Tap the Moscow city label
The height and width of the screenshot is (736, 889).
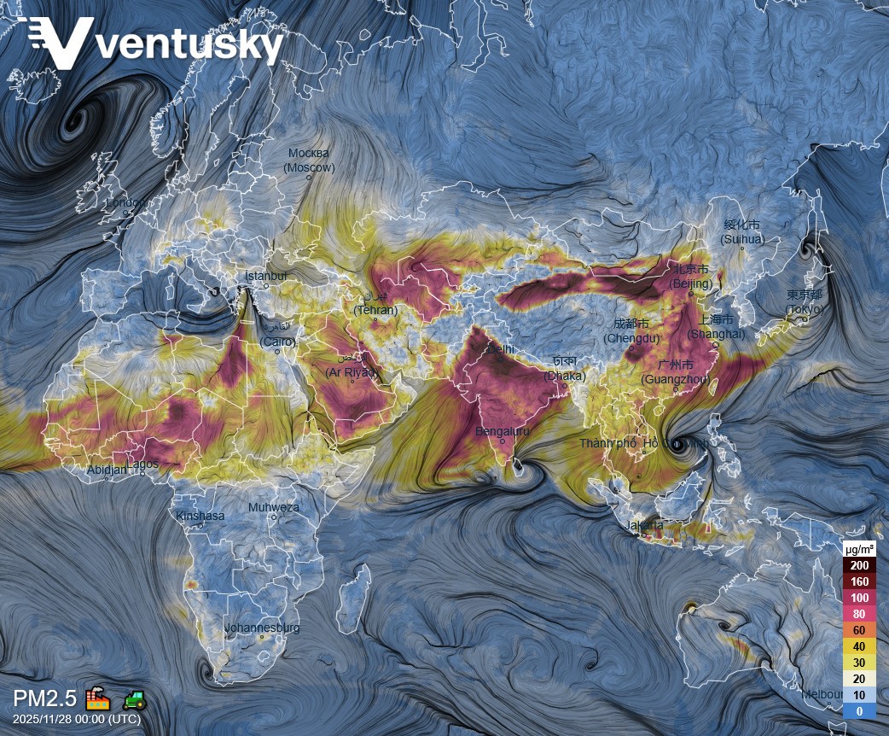coord(309,161)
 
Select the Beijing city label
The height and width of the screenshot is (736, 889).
coord(691,277)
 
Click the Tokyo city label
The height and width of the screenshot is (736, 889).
coord(805,301)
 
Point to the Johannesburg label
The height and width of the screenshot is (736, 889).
coord(262,628)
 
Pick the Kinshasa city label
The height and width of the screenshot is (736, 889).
coord(200,516)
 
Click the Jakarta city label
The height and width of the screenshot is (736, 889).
coord(644,525)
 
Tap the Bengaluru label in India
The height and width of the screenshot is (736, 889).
coord(503,431)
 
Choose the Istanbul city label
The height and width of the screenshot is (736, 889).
coord(266,277)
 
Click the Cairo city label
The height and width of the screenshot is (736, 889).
coord(278,335)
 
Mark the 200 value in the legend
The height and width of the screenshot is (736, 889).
coord(860,565)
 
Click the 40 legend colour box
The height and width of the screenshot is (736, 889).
coord(860,646)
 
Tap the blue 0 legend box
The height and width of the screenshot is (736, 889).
coord(860,711)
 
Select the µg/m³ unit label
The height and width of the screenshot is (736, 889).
coord(859,548)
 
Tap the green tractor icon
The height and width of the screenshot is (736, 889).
coord(135,699)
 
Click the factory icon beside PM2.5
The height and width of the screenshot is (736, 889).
coord(98,698)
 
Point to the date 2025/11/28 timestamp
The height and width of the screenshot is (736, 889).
coord(77,719)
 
